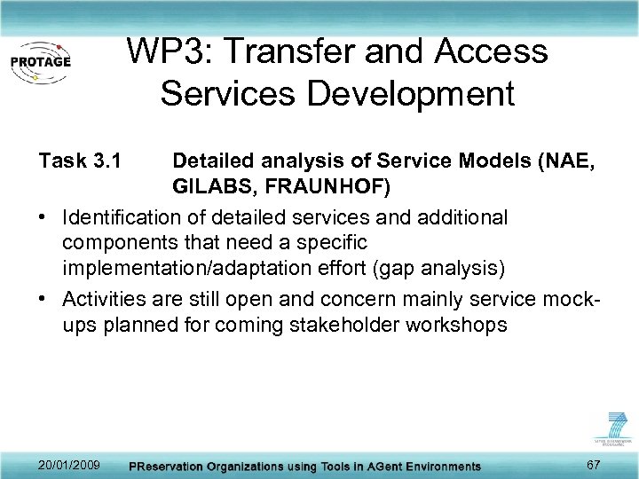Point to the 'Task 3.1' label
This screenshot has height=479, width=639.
79,161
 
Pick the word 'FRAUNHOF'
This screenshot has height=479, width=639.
326,189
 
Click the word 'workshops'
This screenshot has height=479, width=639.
458,325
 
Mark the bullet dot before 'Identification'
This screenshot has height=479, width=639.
43,218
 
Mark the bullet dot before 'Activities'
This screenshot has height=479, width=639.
43,299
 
